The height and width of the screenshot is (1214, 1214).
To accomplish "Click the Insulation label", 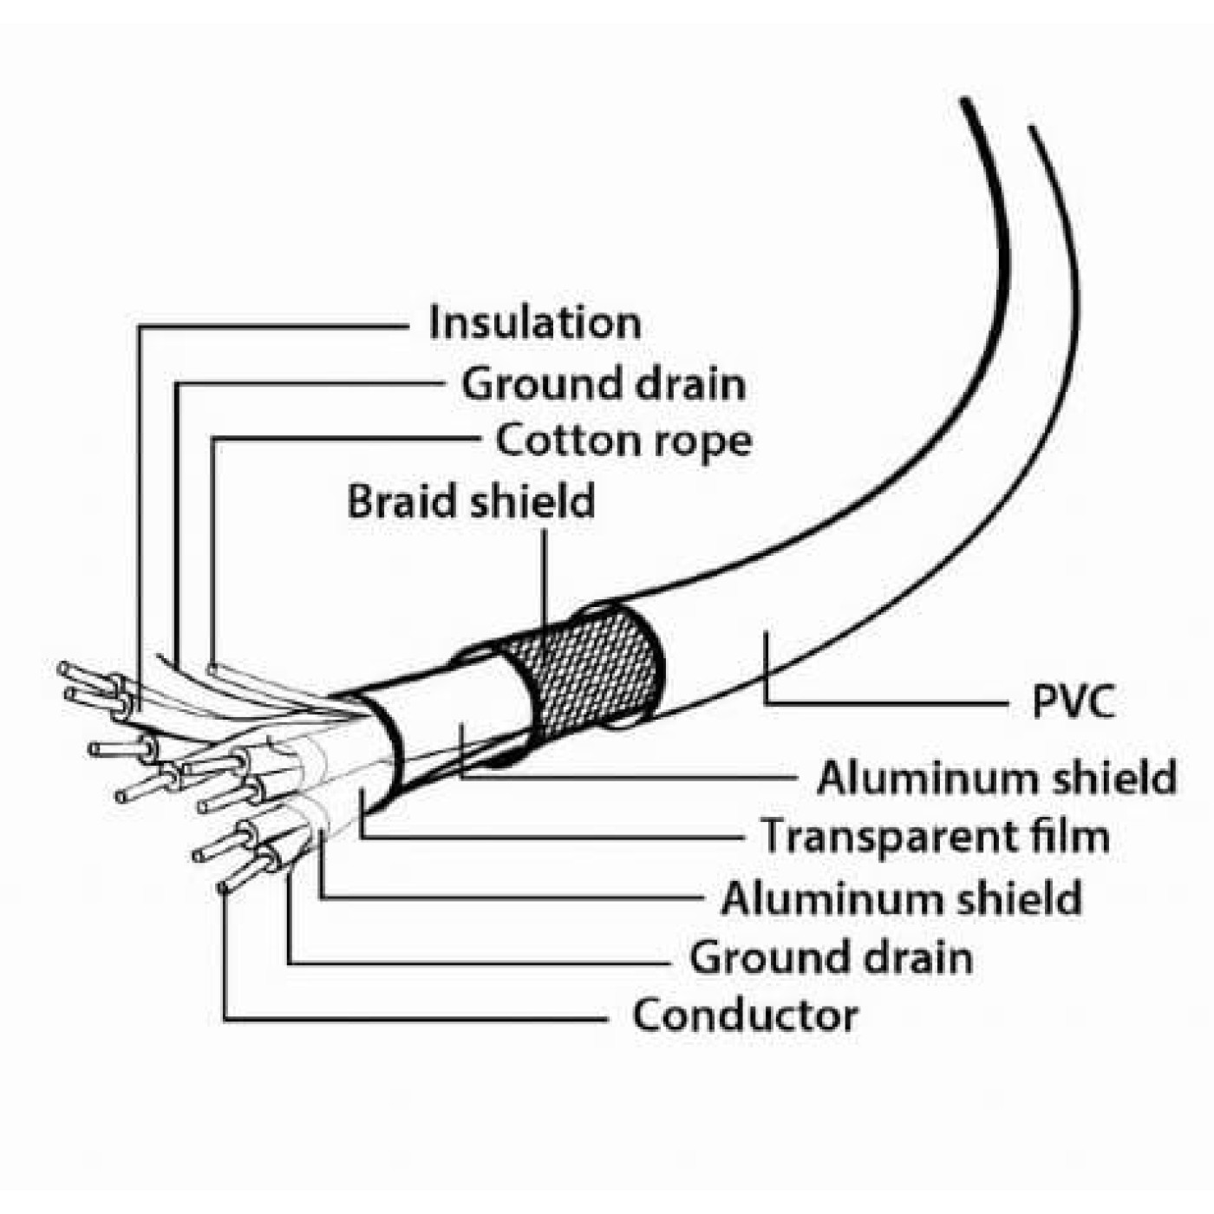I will click(x=534, y=323).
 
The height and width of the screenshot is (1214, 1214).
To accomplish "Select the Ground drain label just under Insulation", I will click(x=603, y=383).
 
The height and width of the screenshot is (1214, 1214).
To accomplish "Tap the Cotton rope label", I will click(x=623, y=441).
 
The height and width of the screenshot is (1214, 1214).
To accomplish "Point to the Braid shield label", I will click(x=471, y=501).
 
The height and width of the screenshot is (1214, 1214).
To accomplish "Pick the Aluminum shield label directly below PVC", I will click(x=996, y=778).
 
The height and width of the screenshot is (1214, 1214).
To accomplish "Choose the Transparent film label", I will click(x=935, y=836).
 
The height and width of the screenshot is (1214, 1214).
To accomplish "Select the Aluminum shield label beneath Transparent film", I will click(x=901, y=898).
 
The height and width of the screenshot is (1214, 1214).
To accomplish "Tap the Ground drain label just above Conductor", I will click(x=831, y=958).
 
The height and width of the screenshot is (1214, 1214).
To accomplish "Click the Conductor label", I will click(x=745, y=1015).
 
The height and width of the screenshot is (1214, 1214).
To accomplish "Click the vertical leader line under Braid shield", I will click(x=545, y=577).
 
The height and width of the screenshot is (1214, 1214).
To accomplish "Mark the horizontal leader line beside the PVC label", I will click(x=884, y=703).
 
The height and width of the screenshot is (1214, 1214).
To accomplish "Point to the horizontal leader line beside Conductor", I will click(x=416, y=1019).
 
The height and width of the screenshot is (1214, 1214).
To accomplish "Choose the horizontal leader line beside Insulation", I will click(x=273, y=327).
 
